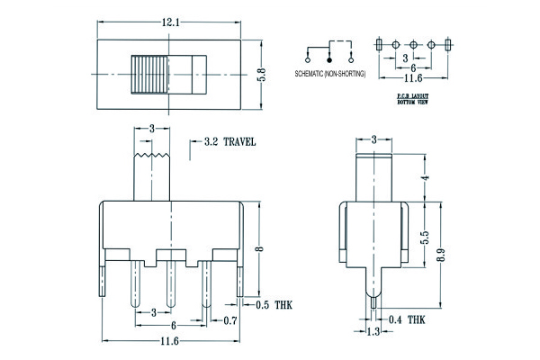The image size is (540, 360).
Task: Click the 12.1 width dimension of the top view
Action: click(x=171, y=19)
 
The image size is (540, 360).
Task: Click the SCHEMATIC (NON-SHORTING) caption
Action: click(x=328, y=72)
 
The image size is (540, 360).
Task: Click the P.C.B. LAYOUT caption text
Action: click(x=413, y=96)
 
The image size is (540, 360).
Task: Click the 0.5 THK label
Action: click(x=273, y=306)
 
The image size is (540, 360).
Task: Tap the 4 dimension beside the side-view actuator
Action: click(x=425, y=177)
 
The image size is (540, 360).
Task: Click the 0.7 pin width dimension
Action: click(x=229, y=321)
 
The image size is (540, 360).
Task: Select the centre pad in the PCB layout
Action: click(x=413, y=44)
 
